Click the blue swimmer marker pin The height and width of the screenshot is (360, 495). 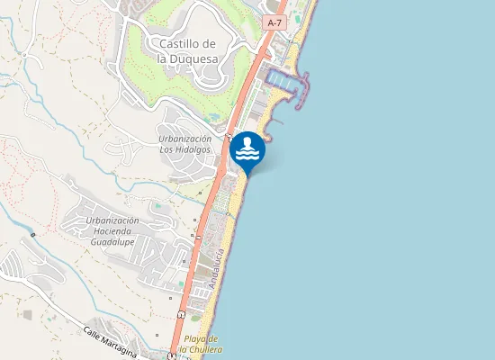pos(247,150)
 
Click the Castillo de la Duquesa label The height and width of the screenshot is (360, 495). pos(186,50)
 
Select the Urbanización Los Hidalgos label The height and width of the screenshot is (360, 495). pos(185,144)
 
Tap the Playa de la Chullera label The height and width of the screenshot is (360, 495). pos(201,344)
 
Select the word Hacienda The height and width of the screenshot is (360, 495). pos(112,231)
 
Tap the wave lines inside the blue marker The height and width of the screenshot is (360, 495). pos(247,156)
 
